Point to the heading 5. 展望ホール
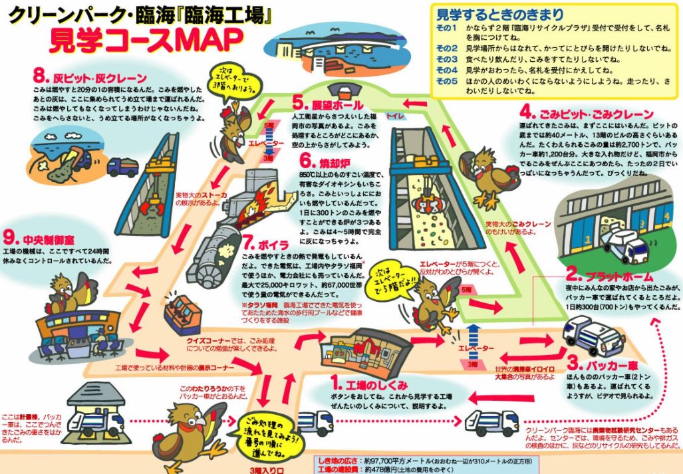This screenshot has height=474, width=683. [327, 104]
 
